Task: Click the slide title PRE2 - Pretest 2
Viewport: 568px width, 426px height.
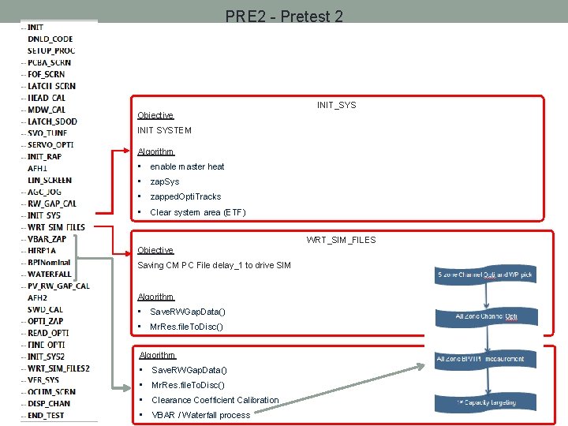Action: tap(284, 16)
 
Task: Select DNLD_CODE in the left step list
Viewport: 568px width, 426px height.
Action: tap(50, 39)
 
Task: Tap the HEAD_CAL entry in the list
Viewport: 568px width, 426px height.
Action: tap(47, 98)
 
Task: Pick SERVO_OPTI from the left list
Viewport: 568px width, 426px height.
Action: tap(50, 144)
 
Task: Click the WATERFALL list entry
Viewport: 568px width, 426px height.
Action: tap(49, 274)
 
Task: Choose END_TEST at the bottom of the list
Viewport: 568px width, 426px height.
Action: tap(46, 415)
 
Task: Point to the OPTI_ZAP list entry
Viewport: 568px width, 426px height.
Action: tap(45, 321)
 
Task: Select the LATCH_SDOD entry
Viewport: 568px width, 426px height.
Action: tap(52, 121)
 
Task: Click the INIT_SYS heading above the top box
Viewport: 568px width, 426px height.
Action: tap(336, 105)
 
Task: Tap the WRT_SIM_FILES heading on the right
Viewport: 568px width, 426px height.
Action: tap(341, 240)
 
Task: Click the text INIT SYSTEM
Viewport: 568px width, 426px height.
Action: tap(164, 130)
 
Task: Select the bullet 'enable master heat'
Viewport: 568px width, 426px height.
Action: tap(187, 166)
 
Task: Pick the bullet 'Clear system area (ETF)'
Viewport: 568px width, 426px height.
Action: tap(197, 212)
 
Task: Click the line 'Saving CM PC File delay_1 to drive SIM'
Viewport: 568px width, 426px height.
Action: tap(214, 265)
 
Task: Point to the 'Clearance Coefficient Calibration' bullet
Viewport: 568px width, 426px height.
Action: tap(215, 400)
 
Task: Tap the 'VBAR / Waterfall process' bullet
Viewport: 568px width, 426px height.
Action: tap(200, 415)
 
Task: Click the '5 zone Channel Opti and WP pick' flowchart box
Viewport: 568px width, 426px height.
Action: tap(484, 275)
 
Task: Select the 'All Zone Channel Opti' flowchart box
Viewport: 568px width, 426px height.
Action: tap(486, 316)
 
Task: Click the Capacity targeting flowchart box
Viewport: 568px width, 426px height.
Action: tap(486, 402)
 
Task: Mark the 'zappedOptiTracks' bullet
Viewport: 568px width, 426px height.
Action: tap(185, 196)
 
